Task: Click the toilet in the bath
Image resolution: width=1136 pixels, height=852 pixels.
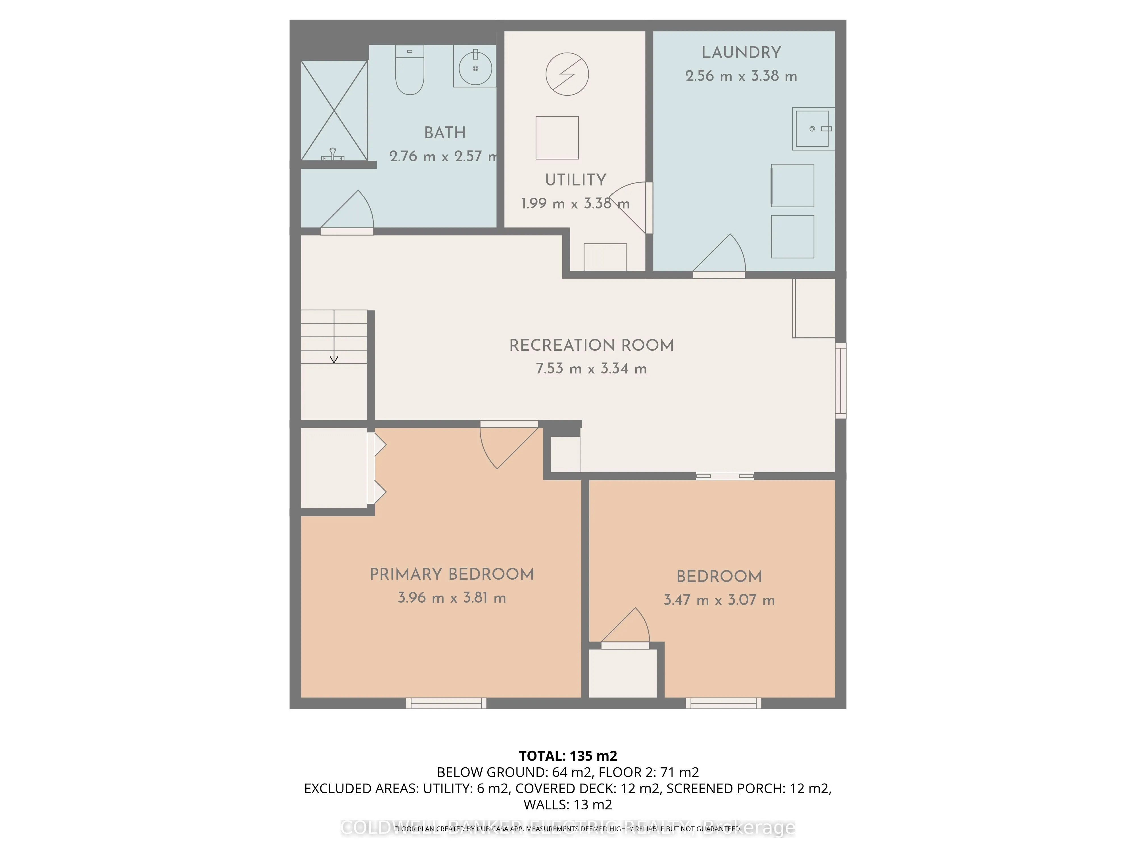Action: [409, 72]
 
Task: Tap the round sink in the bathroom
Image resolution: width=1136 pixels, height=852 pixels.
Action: [475, 68]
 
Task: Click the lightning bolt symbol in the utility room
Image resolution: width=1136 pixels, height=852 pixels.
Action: [567, 74]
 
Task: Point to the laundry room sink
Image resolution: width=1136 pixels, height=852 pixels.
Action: [813, 128]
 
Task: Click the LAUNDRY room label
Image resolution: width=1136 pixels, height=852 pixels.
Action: [741, 52]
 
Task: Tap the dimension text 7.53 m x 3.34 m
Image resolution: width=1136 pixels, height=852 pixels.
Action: [591, 369]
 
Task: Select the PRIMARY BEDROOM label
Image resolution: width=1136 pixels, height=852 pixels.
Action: [452, 574]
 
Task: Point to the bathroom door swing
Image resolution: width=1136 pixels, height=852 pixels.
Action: [349, 212]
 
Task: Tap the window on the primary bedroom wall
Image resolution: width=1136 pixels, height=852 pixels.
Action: [446, 703]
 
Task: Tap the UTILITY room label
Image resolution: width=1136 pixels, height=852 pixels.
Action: [575, 180]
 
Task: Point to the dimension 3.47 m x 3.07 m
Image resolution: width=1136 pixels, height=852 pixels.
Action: [719, 600]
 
